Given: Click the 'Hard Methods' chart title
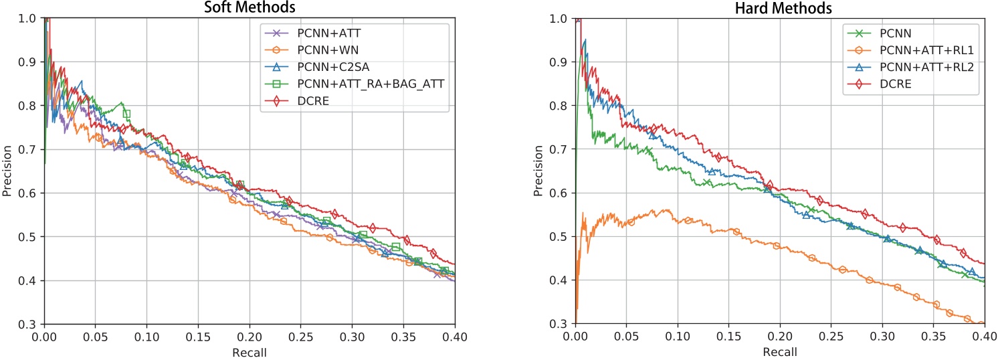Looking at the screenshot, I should pos(781,7).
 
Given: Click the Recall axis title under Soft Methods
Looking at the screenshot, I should pos(249,351).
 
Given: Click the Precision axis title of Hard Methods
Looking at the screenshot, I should pos(538,171).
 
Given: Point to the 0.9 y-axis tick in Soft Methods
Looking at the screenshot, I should pos(31,62).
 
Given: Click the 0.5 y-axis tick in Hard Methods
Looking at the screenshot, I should pos(563,237).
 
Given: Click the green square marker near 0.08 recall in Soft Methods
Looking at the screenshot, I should pos(126,114).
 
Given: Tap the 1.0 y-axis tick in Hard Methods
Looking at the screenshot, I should pos(563,19).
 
